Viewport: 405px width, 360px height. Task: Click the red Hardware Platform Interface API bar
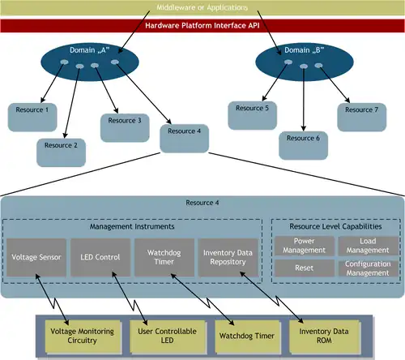tap(202, 26)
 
